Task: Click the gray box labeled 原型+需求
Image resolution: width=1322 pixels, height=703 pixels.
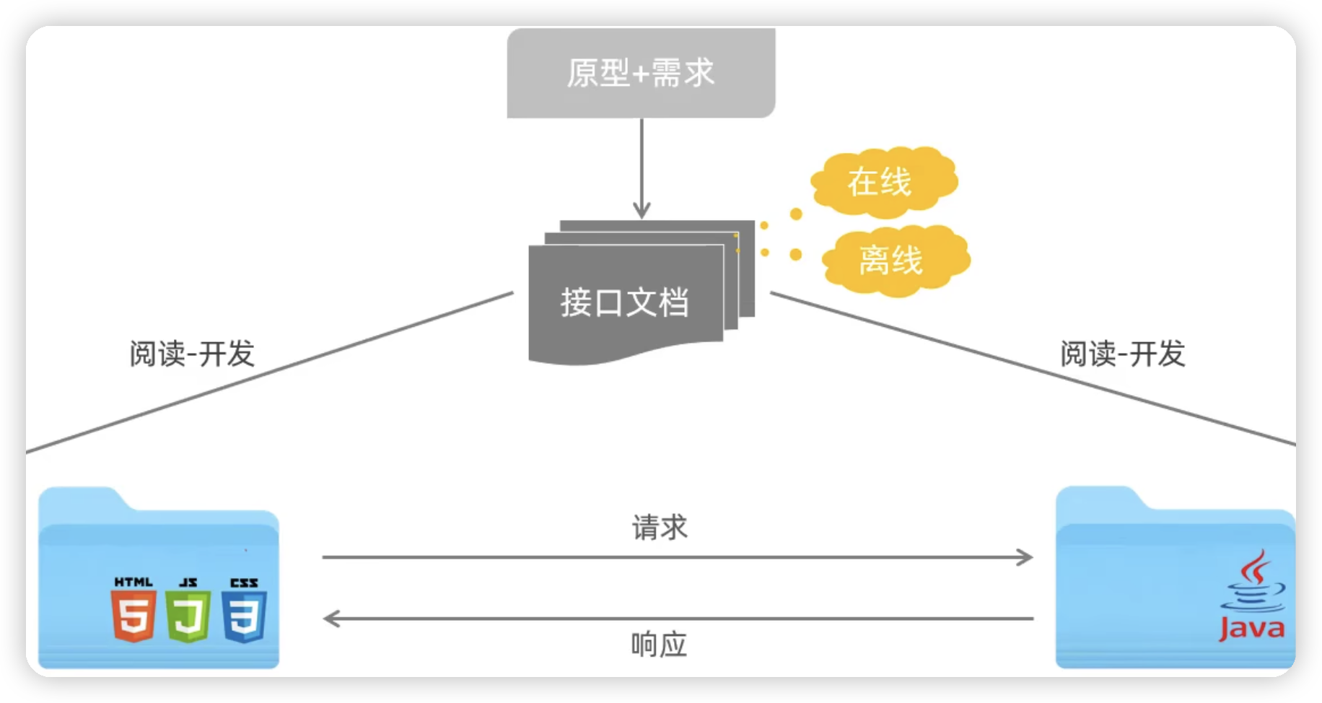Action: tap(641, 73)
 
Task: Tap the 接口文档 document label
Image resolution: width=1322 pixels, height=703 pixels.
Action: tap(625, 302)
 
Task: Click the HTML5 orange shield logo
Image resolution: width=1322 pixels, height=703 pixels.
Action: tap(133, 616)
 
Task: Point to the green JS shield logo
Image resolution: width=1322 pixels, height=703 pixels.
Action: tap(188, 616)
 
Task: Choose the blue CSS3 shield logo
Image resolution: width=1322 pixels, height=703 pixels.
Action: tap(245, 616)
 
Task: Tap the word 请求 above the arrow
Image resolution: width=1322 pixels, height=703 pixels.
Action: tap(660, 528)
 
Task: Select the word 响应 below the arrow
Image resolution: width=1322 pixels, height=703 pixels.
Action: tap(659, 645)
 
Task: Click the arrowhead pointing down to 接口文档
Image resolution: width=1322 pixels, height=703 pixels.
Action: tap(642, 210)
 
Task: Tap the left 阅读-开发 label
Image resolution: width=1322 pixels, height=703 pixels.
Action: tap(192, 354)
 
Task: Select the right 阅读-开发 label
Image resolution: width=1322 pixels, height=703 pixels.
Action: tap(1123, 354)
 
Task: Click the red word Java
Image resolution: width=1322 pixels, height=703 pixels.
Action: tap(1252, 629)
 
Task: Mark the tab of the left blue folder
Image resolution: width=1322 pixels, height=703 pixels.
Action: tap(79, 499)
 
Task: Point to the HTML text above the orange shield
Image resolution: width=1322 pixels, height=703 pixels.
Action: tap(133, 582)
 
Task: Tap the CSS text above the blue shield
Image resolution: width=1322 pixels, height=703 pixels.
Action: tap(244, 582)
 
